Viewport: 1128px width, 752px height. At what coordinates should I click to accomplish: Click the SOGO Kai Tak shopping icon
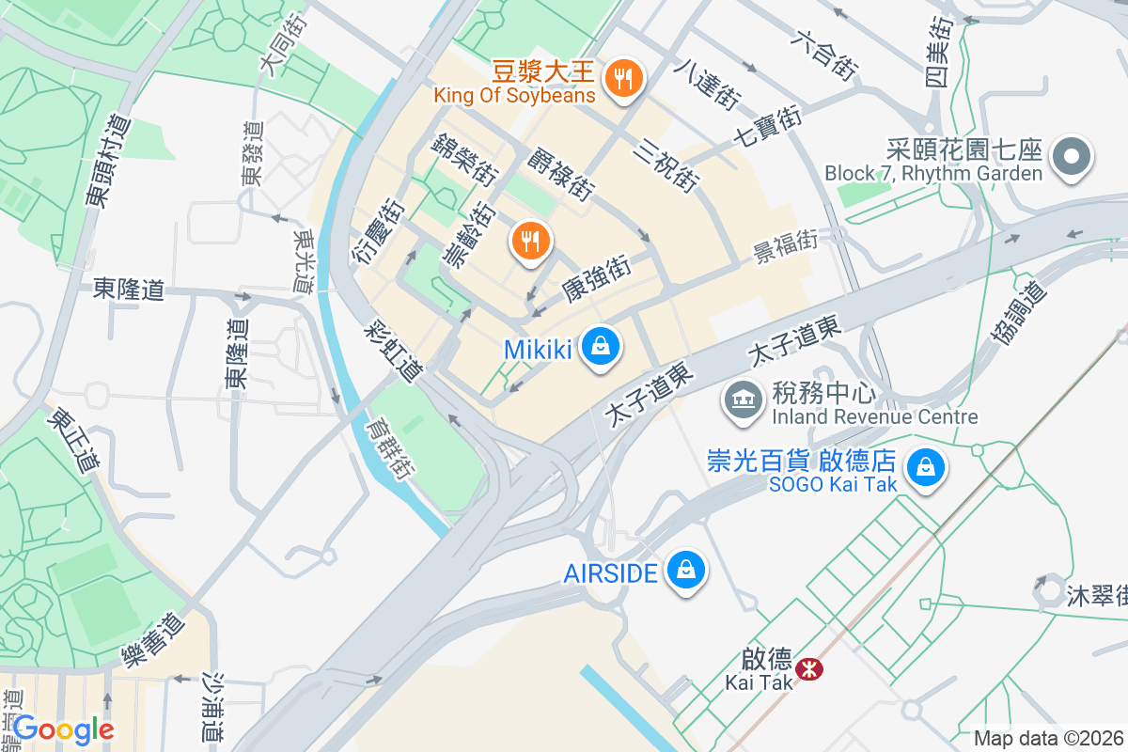(926, 467)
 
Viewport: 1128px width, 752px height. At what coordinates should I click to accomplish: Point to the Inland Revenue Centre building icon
(744, 399)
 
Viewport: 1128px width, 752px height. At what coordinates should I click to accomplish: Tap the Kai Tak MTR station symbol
(807, 669)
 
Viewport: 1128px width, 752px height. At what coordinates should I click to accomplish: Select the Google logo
(63, 729)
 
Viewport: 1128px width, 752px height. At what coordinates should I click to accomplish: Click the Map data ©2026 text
(1048, 739)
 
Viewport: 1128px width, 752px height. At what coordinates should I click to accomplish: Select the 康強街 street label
(596, 279)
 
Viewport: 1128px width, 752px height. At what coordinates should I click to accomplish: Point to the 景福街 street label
(785, 247)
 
